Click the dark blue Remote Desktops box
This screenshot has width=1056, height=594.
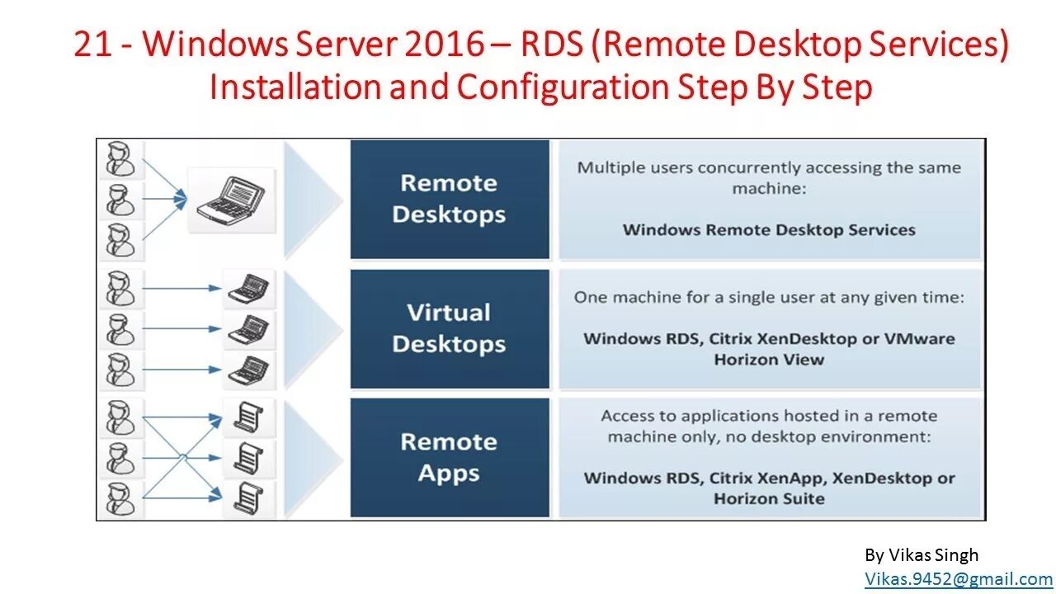pos(450,199)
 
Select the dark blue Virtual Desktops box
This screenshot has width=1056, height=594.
pos(450,328)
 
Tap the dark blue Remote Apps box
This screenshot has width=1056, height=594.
pos(450,458)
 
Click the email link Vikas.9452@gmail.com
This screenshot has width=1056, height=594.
pos(959,579)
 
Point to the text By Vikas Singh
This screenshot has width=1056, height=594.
pos(922,555)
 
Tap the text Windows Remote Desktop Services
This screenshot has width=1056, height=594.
pos(769,229)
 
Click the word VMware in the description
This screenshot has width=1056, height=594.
pos(920,338)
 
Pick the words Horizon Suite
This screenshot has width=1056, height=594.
pos(769,498)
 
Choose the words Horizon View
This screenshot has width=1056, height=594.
pos(769,359)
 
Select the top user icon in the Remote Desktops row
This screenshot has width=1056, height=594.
pos(120,158)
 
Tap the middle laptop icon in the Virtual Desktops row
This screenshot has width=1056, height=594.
pos(247,329)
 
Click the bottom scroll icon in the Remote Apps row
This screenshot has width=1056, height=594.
pos(247,497)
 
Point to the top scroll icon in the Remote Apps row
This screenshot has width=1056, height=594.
pos(247,417)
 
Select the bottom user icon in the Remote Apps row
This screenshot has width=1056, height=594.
pos(120,499)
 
